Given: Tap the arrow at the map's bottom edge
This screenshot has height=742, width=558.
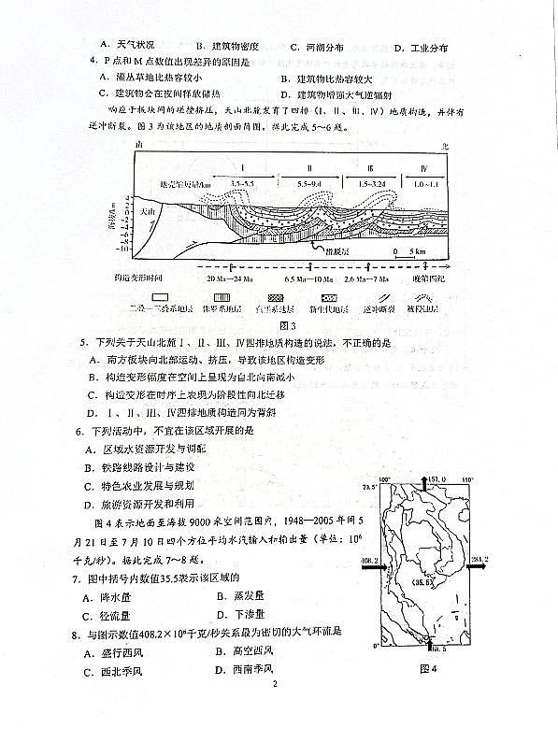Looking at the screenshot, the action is click(x=428, y=642).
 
